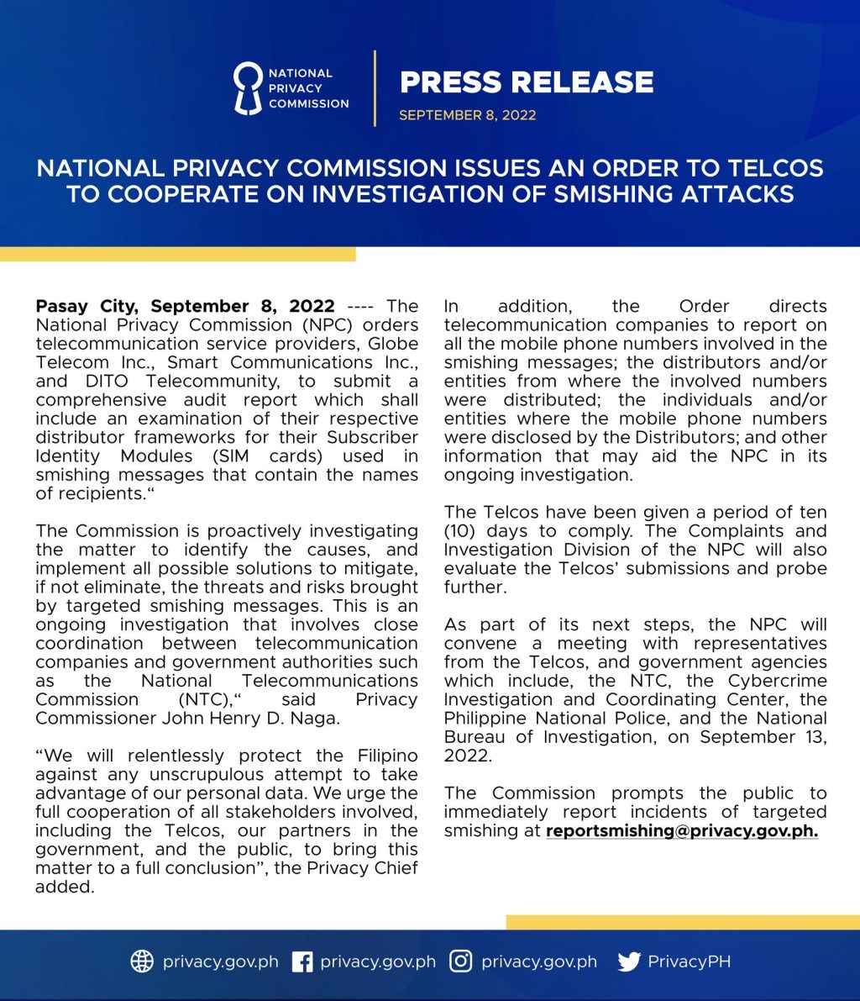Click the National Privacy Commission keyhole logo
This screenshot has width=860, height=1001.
pos(248,88)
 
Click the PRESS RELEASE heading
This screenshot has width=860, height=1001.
pos(527,82)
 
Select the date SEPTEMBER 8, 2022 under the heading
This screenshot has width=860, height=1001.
pos(467,115)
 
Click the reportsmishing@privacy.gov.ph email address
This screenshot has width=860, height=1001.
pos(682,831)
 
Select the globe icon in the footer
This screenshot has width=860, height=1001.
pos(142,961)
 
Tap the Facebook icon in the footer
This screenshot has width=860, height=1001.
pos(302,961)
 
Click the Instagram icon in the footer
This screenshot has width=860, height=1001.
pos(460,961)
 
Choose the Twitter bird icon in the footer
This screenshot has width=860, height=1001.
pos(628,961)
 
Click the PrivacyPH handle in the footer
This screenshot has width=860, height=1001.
pos(689,961)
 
